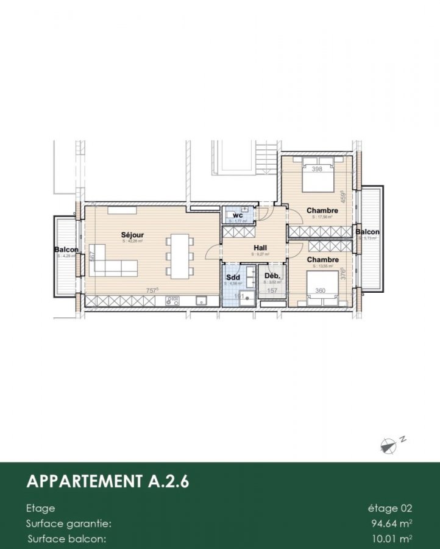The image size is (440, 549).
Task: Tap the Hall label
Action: pyautogui.click(x=261, y=248)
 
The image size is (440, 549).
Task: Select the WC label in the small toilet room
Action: pyautogui.click(x=238, y=215)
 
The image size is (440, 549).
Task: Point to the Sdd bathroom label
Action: pyautogui.click(x=233, y=276)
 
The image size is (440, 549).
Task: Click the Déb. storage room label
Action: pyautogui.click(x=272, y=276)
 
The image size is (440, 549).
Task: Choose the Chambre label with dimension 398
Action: pyautogui.click(x=322, y=211)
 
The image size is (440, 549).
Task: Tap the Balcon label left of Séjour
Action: pyautogui.click(x=66, y=250)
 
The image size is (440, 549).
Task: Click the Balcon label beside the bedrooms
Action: pyautogui.click(x=367, y=232)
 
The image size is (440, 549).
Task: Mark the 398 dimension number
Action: pyautogui.click(x=316, y=169)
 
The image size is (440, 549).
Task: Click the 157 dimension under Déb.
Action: pyautogui.click(x=272, y=291)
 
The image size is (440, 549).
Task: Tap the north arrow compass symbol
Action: pyautogui.click(x=388, y=446)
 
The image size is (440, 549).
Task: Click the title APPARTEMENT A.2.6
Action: pyautogui.click(x=108, y=481)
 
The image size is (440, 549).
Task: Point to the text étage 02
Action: pyautogui.click(x=390, y=508)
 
